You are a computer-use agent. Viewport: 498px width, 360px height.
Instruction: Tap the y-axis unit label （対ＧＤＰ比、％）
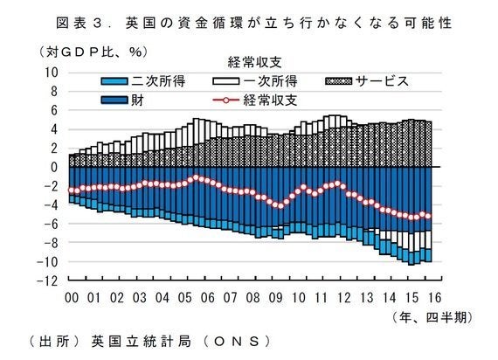click(93, 52)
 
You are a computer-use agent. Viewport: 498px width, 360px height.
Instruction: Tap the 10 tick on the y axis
click(52, 72)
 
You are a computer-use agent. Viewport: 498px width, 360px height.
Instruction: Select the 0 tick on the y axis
click(54, 167)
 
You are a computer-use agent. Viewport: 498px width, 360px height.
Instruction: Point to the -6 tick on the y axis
click(52, 224)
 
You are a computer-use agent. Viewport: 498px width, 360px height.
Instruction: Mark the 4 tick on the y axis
click(54, 128)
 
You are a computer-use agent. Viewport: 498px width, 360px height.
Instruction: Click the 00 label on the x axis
click(73, 297)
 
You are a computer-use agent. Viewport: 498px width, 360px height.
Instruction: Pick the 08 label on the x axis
click(252, 297)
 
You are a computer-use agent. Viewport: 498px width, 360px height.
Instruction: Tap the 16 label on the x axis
click(432, 297)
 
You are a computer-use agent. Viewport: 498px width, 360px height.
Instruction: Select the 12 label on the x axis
click(342, 297)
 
